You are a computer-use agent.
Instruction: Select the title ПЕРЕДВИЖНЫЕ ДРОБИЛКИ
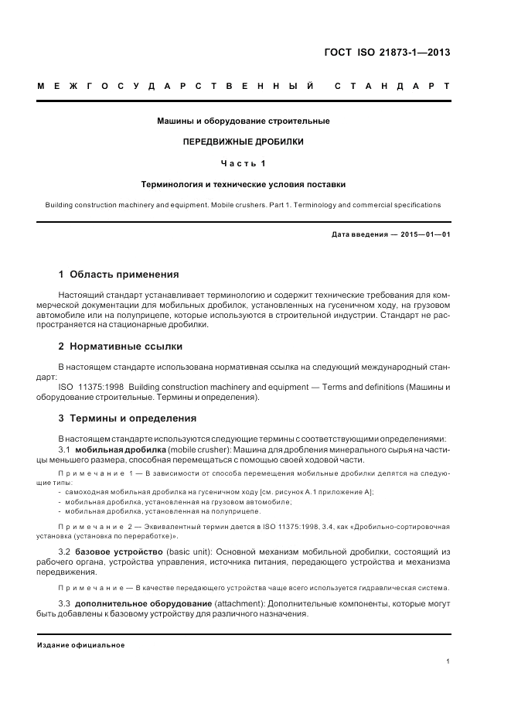(x=243, y=142)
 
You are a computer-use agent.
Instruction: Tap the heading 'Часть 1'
(x=243, y=163)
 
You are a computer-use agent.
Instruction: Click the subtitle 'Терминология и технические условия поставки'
(x=243, y=185)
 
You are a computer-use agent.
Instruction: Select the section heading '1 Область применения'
(x=119, y=274)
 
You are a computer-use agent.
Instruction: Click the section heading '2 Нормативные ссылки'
(x=121, y=346)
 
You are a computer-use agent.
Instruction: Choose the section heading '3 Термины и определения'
(x=128, y=418)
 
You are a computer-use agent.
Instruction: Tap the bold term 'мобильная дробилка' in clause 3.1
(x=119, y=449)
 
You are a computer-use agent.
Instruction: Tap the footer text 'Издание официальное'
(x=81, y=644)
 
